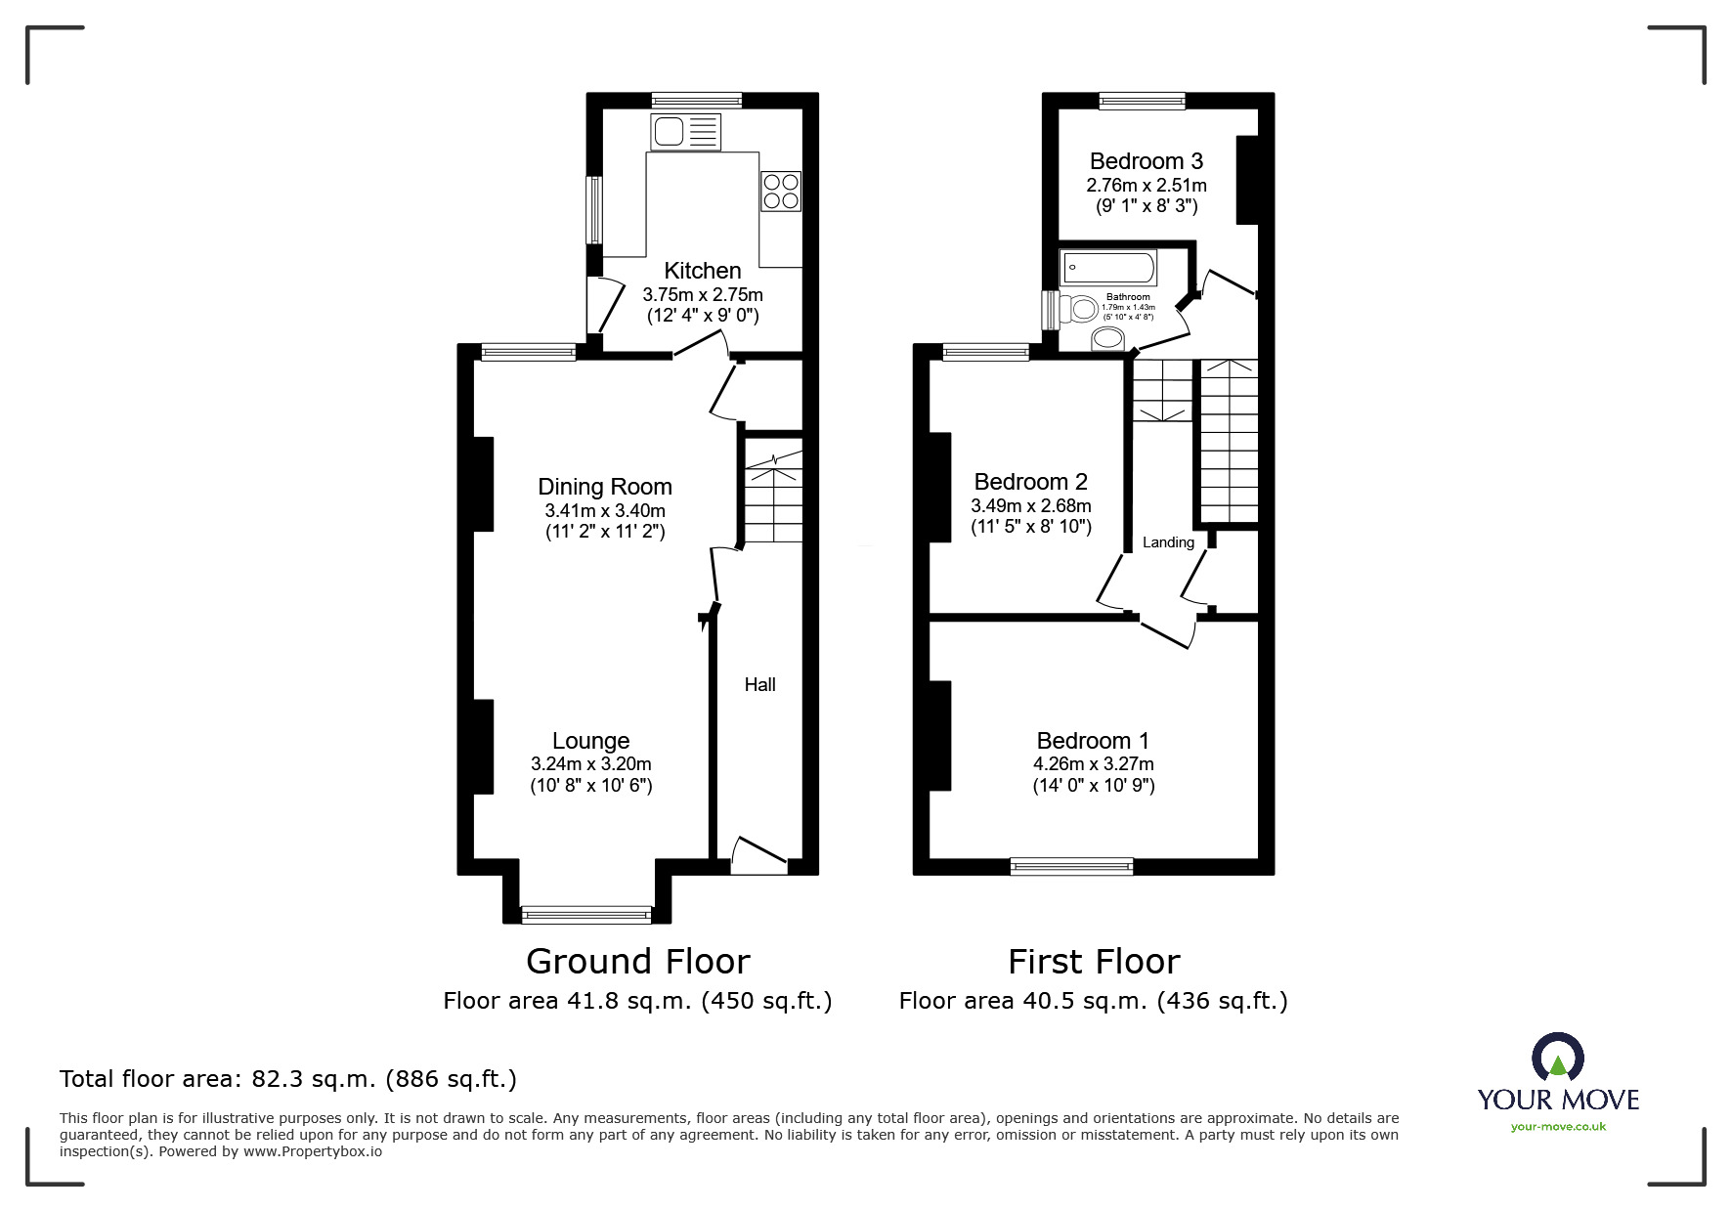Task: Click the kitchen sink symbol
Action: click(x=685, y=132)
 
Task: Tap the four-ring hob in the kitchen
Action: click(x=781, y=191)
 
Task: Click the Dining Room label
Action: click(x=605, y=487)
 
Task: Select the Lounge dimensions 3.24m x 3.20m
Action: click(x=590, y=764)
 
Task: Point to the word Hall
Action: click(x=759, y=685)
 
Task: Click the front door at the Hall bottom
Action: click(x=758, y=857)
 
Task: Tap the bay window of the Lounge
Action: click(x=586, y=915)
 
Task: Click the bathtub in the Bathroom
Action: click(x=1108, y=267)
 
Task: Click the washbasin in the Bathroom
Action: click(x=1107, y=338)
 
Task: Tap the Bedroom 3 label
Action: click(x=1147, y=161)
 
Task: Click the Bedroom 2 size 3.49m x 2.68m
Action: click(x=1030, y=506)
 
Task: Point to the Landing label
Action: click(x=1168, y=542)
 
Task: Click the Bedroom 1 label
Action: click(x=1093, y=741)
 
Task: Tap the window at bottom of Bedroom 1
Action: click(x=1071, y=865)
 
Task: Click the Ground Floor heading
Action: click(x=637, y=962)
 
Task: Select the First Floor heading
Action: click(x=1094, y=962)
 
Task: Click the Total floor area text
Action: click(x=288, y=1079)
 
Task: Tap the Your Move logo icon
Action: click(x=1557, y=1059)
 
